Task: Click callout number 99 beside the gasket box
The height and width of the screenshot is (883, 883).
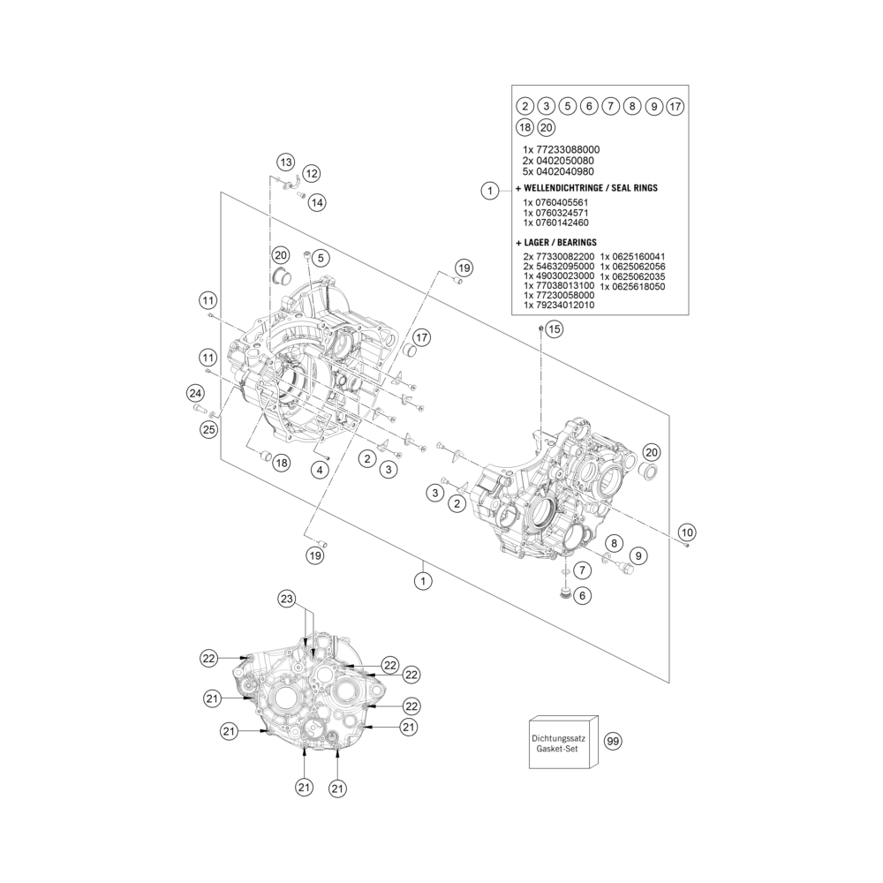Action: [613, 741]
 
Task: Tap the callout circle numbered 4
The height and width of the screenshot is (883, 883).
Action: [320, 470]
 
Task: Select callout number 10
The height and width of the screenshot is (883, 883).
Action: [687, 532]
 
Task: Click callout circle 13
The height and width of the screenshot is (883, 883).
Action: [286, 162]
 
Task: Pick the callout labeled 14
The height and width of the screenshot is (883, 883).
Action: [317, 202]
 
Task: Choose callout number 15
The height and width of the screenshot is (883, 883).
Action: [555, 328]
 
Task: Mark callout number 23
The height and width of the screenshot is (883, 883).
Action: [287, 599]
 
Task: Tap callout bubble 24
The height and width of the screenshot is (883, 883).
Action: [195, 393]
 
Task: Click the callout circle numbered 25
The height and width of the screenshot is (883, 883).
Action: [209, 430]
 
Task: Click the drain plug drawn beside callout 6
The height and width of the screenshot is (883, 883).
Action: [562, 593]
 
